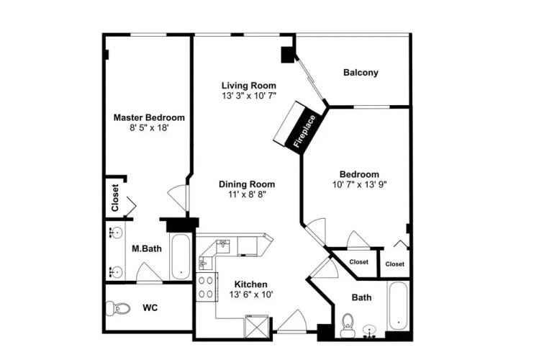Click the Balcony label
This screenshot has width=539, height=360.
361,73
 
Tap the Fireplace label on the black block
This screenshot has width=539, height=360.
305,131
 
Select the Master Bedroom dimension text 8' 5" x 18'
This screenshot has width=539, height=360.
149,128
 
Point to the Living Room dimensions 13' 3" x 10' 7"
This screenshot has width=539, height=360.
249,96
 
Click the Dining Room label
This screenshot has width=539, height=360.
247,184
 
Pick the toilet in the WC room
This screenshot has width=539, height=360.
117,308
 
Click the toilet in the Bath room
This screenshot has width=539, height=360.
347,325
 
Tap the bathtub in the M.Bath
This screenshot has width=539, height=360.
180,257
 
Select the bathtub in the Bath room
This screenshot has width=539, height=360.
398,305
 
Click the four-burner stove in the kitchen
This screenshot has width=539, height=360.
207,287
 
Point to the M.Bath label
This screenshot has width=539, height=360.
147,248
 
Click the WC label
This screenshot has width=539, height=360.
150,307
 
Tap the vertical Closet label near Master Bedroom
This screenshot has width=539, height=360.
115,198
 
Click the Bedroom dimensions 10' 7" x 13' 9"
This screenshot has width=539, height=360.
359,184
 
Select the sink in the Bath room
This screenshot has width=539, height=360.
370,330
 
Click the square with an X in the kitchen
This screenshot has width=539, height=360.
256,327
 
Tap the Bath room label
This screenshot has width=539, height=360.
362,297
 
